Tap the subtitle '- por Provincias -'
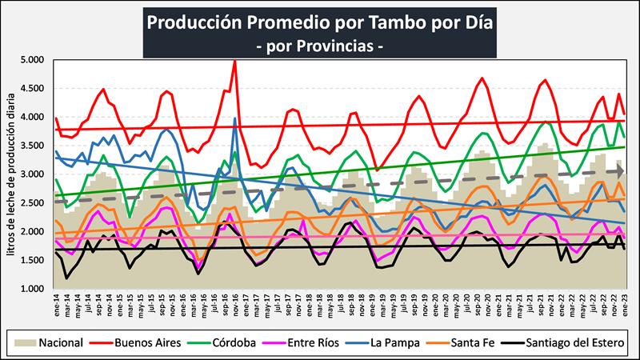[319, 46]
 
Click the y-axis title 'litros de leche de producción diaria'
[10, 174]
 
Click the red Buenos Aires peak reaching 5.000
[234, 62]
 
